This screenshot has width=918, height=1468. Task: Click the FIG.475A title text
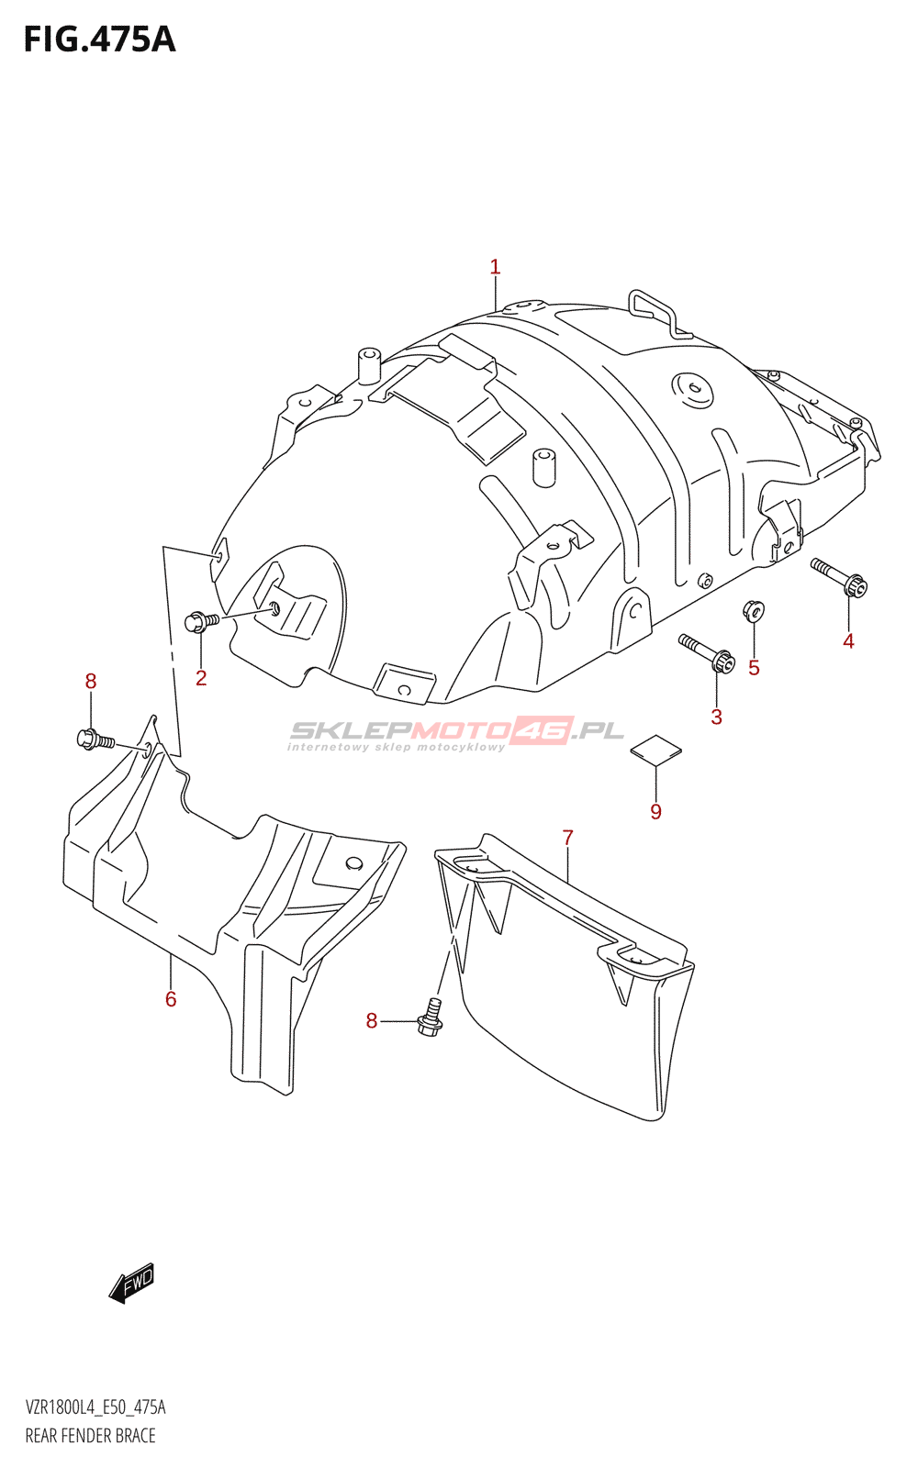click(99, 39)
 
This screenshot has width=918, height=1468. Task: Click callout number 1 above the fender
click(495, 267)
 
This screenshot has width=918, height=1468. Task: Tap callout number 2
click(201, 678)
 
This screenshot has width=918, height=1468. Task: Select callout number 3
click(716, 717)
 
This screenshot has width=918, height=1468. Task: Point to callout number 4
click(848, 641)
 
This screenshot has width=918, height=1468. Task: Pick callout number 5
click(754, 668)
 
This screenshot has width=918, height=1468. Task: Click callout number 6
click(171, 998)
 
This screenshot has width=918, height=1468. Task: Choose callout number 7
click(568, 838)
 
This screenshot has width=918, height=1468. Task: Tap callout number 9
click(655, 811)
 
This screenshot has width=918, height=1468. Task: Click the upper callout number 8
click(90, 681)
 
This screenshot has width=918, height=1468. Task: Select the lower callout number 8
click(372, 1021)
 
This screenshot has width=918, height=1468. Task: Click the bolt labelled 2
click(201, 622)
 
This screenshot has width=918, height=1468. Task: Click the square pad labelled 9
click(655, 749)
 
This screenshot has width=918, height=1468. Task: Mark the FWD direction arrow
click(131, 1282)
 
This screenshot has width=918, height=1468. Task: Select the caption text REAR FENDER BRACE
click(90, 1436)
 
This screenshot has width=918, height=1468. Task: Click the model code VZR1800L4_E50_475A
click(95, 1407)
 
